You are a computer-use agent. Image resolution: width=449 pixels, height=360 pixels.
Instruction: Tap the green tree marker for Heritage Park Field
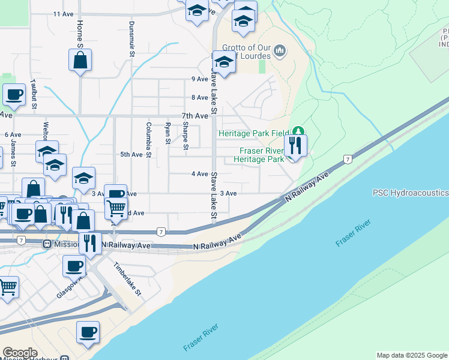point(298,132)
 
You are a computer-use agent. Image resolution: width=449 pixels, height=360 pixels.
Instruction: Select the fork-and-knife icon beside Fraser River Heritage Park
point(295,145)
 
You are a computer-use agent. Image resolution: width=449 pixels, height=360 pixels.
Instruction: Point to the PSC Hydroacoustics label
point(411,193)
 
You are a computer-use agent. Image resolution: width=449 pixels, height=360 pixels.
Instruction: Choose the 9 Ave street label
point(199,79)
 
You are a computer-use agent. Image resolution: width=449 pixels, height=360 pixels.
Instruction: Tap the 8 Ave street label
point(199,97)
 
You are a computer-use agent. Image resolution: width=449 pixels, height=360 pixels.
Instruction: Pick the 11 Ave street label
point(62,13)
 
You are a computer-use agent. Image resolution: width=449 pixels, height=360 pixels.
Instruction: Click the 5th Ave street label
point(131,154)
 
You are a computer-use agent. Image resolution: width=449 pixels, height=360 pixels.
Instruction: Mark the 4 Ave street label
point(199,173)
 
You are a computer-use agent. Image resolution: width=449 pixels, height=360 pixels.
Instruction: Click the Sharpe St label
point(186,136)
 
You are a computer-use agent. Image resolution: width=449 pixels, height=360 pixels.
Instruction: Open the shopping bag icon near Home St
point(80,60)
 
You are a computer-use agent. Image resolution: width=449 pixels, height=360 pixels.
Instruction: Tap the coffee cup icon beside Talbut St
point(14,94)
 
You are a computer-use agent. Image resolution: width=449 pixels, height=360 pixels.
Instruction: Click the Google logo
point(20,353)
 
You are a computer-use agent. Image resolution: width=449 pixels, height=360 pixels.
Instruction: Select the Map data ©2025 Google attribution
point(412,355)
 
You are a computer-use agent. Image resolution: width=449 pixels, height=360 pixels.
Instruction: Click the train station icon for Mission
point(46,244)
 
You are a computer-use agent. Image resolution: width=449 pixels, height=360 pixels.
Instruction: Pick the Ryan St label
point(167,133)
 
